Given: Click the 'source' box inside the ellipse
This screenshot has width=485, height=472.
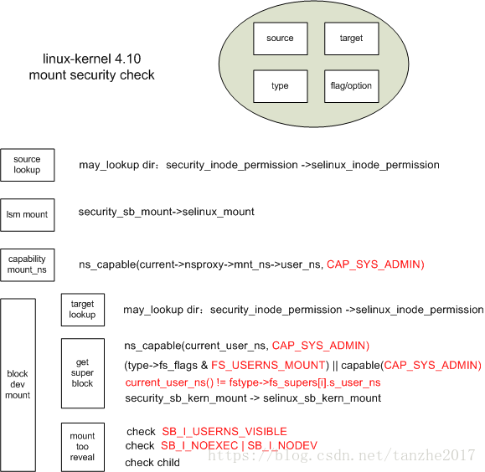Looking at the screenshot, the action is [x=281, y=38].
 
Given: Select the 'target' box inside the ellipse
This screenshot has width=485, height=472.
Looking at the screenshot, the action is [x=351, y=38].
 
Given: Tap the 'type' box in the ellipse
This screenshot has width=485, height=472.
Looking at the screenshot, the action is [x=281, y=86].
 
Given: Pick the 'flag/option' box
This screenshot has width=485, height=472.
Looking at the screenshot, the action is [x=351, y=86].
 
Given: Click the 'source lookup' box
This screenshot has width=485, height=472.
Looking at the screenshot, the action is [x=27, y=165].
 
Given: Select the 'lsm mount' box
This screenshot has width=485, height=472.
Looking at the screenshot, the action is [x=27, y=215].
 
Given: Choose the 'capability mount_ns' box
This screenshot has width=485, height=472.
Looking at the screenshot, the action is [x=27, y=265].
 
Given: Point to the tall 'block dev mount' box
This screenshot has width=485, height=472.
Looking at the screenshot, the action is [x=18, y=385].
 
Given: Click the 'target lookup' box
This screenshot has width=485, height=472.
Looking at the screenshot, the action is [x=83, y=310].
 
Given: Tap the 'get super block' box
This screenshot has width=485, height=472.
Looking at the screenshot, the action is [x=83, y=373].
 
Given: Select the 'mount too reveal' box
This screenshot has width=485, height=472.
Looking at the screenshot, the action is [x=83, y=447].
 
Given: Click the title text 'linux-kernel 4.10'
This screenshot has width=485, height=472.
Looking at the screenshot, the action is [x=91, y=59].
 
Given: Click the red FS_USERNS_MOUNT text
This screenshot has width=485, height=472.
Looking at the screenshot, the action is [x=268, y=365].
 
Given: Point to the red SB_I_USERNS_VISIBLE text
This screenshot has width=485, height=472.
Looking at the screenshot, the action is [x=224, y=431].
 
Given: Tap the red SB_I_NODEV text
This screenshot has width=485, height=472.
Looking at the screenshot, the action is [x=282, y=445].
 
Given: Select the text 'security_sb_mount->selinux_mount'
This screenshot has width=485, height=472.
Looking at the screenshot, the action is [x=167, y=212].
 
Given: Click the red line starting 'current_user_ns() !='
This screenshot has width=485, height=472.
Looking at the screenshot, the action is [x=253, y=382].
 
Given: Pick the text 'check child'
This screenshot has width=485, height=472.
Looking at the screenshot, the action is [x=152, y=463].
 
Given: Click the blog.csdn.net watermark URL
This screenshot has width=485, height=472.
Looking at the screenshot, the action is [x=342, y=455].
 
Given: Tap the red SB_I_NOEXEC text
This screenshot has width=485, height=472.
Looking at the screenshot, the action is [x=199, y=445].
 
